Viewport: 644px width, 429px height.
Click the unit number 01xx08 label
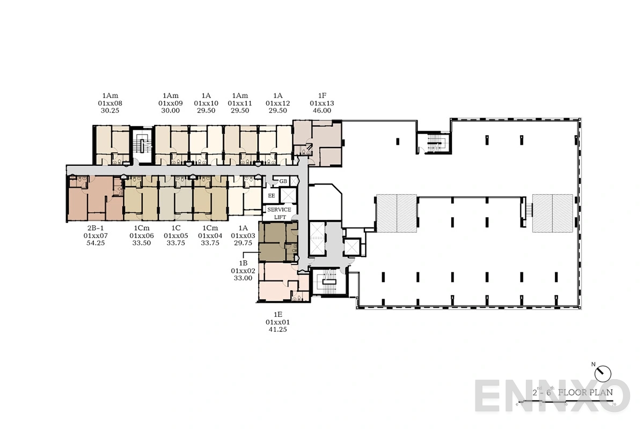[110, 102]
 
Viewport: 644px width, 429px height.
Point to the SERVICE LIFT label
[279, 213]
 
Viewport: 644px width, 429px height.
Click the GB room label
[283, 182]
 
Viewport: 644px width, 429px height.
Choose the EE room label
[272, 196]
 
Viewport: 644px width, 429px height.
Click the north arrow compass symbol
[603, 372]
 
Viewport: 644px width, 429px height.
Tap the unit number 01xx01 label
[277, 322]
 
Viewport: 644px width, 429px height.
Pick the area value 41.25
[277, 330]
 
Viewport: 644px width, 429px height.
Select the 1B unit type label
[243, 263]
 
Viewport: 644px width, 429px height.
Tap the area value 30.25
[110, 110]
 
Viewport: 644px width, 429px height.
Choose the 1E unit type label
[277, 314]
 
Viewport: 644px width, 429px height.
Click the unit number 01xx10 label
[206, 102]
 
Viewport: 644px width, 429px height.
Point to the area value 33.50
[142, 243]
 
